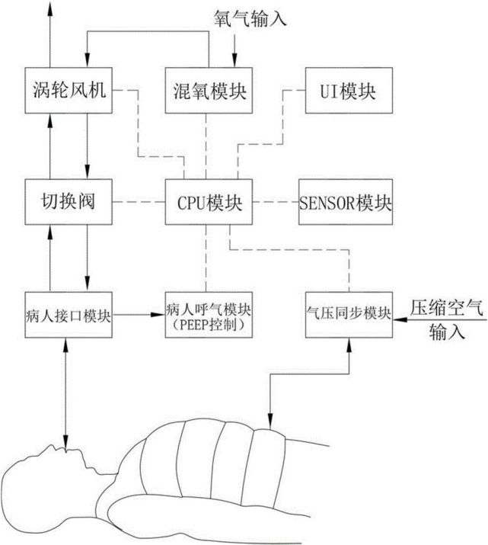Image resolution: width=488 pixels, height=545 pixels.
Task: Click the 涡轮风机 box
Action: coord(69,91)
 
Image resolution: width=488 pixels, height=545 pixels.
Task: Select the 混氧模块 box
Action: coord(209,91)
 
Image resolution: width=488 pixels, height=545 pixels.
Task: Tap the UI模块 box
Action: coord(349,91)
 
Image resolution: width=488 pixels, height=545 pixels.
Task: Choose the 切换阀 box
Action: coord(69,202)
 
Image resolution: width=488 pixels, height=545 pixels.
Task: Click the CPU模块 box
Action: coord(209,202)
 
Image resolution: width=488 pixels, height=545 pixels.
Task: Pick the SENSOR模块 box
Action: coord(346,202)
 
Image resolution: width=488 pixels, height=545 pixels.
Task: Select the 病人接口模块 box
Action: coord(69,315)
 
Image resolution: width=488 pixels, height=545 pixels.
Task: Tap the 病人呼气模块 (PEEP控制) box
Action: coord(209,315)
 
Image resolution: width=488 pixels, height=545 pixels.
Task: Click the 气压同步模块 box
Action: coord(349,315)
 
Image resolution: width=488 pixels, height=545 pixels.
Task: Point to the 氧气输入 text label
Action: coord(250,18)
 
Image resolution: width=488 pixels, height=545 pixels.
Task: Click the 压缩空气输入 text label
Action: coord(447,319)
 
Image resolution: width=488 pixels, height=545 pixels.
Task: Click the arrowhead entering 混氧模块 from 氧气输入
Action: coord(234,61)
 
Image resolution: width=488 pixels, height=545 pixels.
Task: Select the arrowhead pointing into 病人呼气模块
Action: coord(158,315)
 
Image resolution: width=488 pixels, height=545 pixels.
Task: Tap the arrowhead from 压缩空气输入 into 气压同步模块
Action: coord(400,319)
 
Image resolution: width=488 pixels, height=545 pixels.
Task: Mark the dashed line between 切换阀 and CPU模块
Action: coord(139,202)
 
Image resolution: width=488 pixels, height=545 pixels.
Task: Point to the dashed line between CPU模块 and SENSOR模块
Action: coord(276,202)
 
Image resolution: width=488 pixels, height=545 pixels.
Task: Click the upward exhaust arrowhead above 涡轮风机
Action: coord(50,8)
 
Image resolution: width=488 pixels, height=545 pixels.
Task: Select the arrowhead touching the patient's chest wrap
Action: coord(270,422)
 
